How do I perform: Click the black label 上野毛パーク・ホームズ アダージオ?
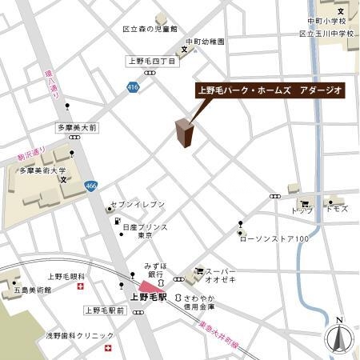tap(270, 90)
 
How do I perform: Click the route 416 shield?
tap(132, 87)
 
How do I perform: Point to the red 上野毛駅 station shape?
tap(149, 286)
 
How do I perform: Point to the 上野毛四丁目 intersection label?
tap(152, 61)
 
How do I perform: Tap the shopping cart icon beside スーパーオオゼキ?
tap(198, 271)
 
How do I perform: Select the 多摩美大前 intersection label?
tap(76, 127)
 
